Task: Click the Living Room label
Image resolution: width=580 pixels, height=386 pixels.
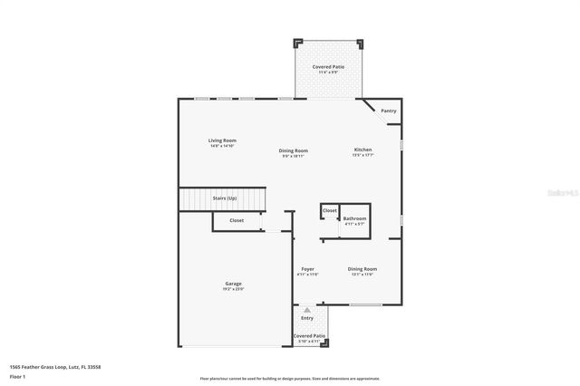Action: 222,140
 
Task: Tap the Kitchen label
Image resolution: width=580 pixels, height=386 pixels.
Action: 363,150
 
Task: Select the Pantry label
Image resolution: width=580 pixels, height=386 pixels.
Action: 389,111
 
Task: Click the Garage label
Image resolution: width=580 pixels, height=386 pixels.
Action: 234,284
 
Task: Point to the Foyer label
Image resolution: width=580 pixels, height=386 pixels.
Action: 308,269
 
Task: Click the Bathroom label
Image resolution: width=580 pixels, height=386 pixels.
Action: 354,218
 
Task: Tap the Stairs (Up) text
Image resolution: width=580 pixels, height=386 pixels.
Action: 225,197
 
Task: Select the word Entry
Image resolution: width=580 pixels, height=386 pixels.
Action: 307,318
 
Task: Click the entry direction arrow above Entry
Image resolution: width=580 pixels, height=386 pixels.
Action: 307,310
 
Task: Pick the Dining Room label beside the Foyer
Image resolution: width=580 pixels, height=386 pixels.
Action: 362,269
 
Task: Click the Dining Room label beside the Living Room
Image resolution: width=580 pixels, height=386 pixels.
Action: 294,150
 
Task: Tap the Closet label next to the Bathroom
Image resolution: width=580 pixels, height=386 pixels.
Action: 330,210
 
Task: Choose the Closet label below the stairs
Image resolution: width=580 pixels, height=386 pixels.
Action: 237,220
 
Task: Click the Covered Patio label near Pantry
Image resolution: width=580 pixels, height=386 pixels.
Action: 327,67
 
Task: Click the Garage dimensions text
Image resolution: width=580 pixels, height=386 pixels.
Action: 234,289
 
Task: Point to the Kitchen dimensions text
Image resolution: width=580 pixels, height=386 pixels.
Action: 363,155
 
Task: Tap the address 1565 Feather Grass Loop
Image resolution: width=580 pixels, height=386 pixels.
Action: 54,367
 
